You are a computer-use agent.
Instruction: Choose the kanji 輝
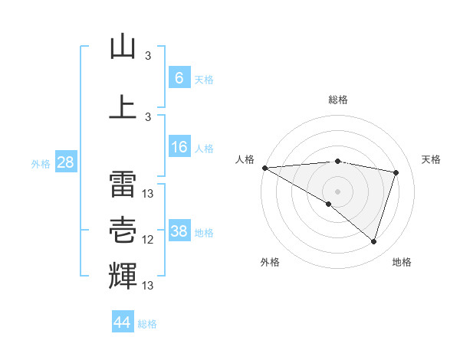[123, 275]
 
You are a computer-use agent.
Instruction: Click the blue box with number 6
[179, 77]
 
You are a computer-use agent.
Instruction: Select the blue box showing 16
[179, 147]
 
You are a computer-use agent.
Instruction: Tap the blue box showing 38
[179, 231]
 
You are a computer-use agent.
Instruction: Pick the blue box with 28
[65, 162]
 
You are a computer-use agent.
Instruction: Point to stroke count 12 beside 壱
[148, 240]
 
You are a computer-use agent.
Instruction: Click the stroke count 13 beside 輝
[148, 286]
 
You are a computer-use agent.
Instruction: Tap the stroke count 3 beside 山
[148, 55]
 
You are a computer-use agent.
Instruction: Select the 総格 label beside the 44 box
[147, 324]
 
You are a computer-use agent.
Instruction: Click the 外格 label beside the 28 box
[41, 163]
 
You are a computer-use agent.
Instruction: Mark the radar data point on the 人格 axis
[264, 168]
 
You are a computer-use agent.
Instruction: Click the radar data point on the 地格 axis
[373, 242]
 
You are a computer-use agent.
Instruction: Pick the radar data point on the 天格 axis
[396, 172]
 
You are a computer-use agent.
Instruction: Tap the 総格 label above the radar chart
[337, 100]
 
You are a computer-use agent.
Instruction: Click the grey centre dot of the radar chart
[337, 190]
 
